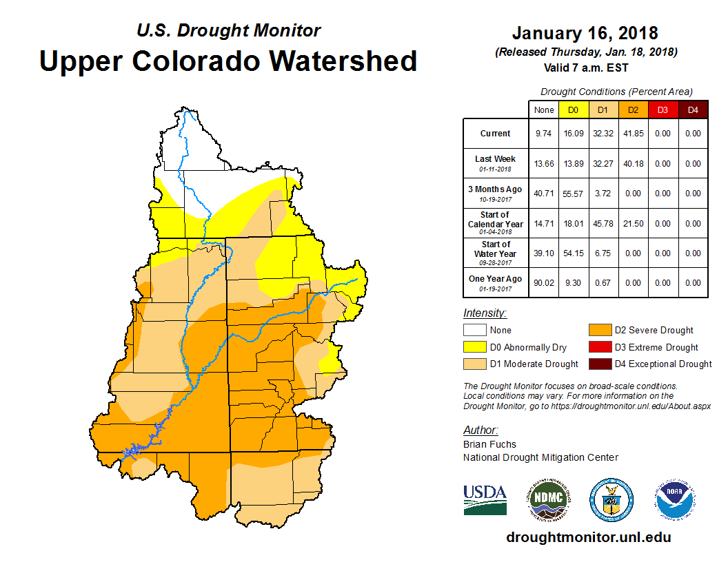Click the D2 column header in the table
[633, 110]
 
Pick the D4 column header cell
[693, 110]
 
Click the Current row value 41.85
[633, 134]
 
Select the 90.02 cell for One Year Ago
[543, 282]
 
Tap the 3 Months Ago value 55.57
[573, 194]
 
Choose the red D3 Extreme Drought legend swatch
[599, 347]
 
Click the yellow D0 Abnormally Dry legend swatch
[474, 347]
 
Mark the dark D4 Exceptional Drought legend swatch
[599, 364]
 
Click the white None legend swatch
[474, 331]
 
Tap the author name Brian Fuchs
[489, 444]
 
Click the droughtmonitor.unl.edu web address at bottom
[588, 537]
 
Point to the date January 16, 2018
[585, 33]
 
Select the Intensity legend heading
[485, 313]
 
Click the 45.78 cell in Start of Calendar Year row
[603, 223]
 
